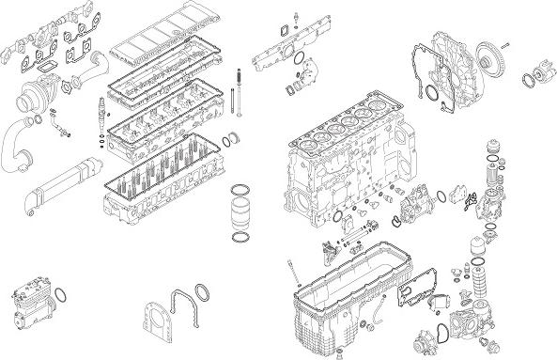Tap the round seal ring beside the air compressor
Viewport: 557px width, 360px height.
point(65,300)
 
